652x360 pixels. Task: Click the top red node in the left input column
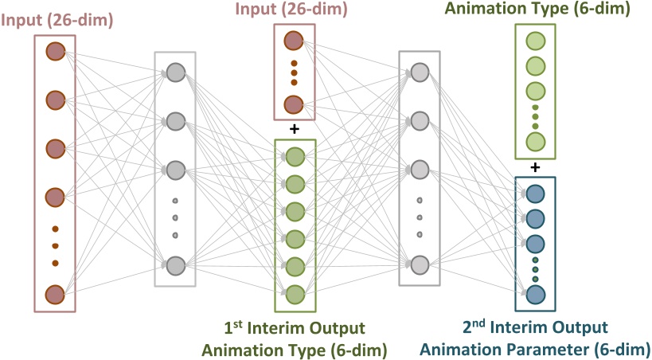coord(55,52)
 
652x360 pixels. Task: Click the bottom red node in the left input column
coord(55,295)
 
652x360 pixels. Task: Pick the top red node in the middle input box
coord(294,41)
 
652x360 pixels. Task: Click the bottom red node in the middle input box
coord(294,104)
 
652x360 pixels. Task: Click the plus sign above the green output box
coord(295,128)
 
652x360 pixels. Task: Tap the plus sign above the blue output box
coord(535,166)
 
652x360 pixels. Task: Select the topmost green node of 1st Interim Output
coord(295,157)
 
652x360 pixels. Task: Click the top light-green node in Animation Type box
coord(535,41)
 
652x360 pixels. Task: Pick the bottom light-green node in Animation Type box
coord(535,142)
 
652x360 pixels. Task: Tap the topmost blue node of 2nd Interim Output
coord(535,193)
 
